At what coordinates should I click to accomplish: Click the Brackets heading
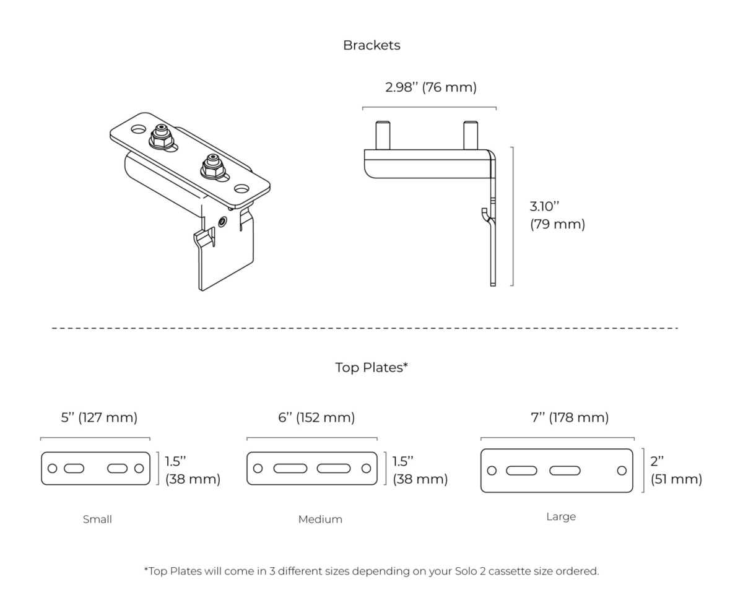[371, 45]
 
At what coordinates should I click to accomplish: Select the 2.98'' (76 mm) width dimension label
[431, 87]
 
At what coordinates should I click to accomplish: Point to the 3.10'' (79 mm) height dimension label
[557, 215]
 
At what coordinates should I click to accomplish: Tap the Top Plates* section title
[371, 367]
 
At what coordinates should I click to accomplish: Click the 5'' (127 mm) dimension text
[99, 417]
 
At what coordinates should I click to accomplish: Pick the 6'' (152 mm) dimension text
[316, 417]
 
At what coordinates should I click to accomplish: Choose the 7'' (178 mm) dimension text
[570, 417]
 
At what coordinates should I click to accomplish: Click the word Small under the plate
[97, 520]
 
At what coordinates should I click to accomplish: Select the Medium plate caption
[320, 520]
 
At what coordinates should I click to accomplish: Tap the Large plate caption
[561, 516]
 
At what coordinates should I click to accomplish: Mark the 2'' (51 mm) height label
[676, 470]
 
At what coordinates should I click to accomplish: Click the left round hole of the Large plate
[492, 471]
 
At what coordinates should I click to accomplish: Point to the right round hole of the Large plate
[622, 471]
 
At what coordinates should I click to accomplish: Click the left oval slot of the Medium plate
[290, 468]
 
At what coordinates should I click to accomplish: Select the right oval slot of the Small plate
[117, 468]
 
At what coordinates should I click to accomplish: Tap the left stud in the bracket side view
[383, 135]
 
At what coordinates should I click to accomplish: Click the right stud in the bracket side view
[471, 135]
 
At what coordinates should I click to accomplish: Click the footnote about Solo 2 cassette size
[371, 571]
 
